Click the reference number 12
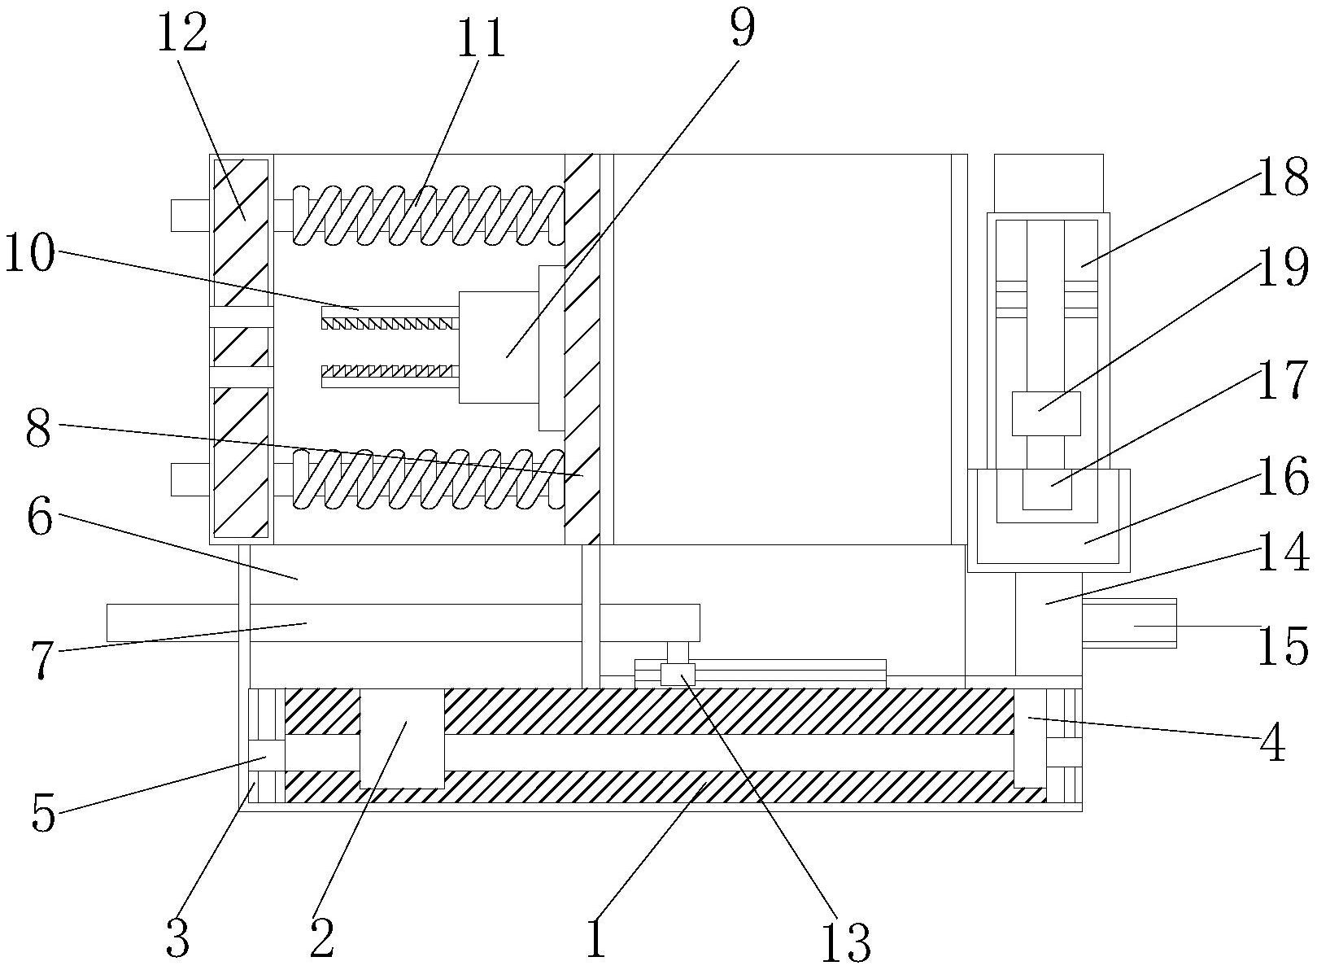[181, 33]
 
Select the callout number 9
[742, 28]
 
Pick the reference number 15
[1282, 645]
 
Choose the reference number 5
[43, 814]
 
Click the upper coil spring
[429, 215]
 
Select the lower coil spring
[429, 478]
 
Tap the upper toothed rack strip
[390, 324]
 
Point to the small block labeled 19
[1046, 414]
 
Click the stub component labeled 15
[1129, 623]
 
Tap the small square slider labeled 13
[678, 674]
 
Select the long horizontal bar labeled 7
[403, 623]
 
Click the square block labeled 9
[499, 347]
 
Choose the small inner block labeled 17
[1047, 489]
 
